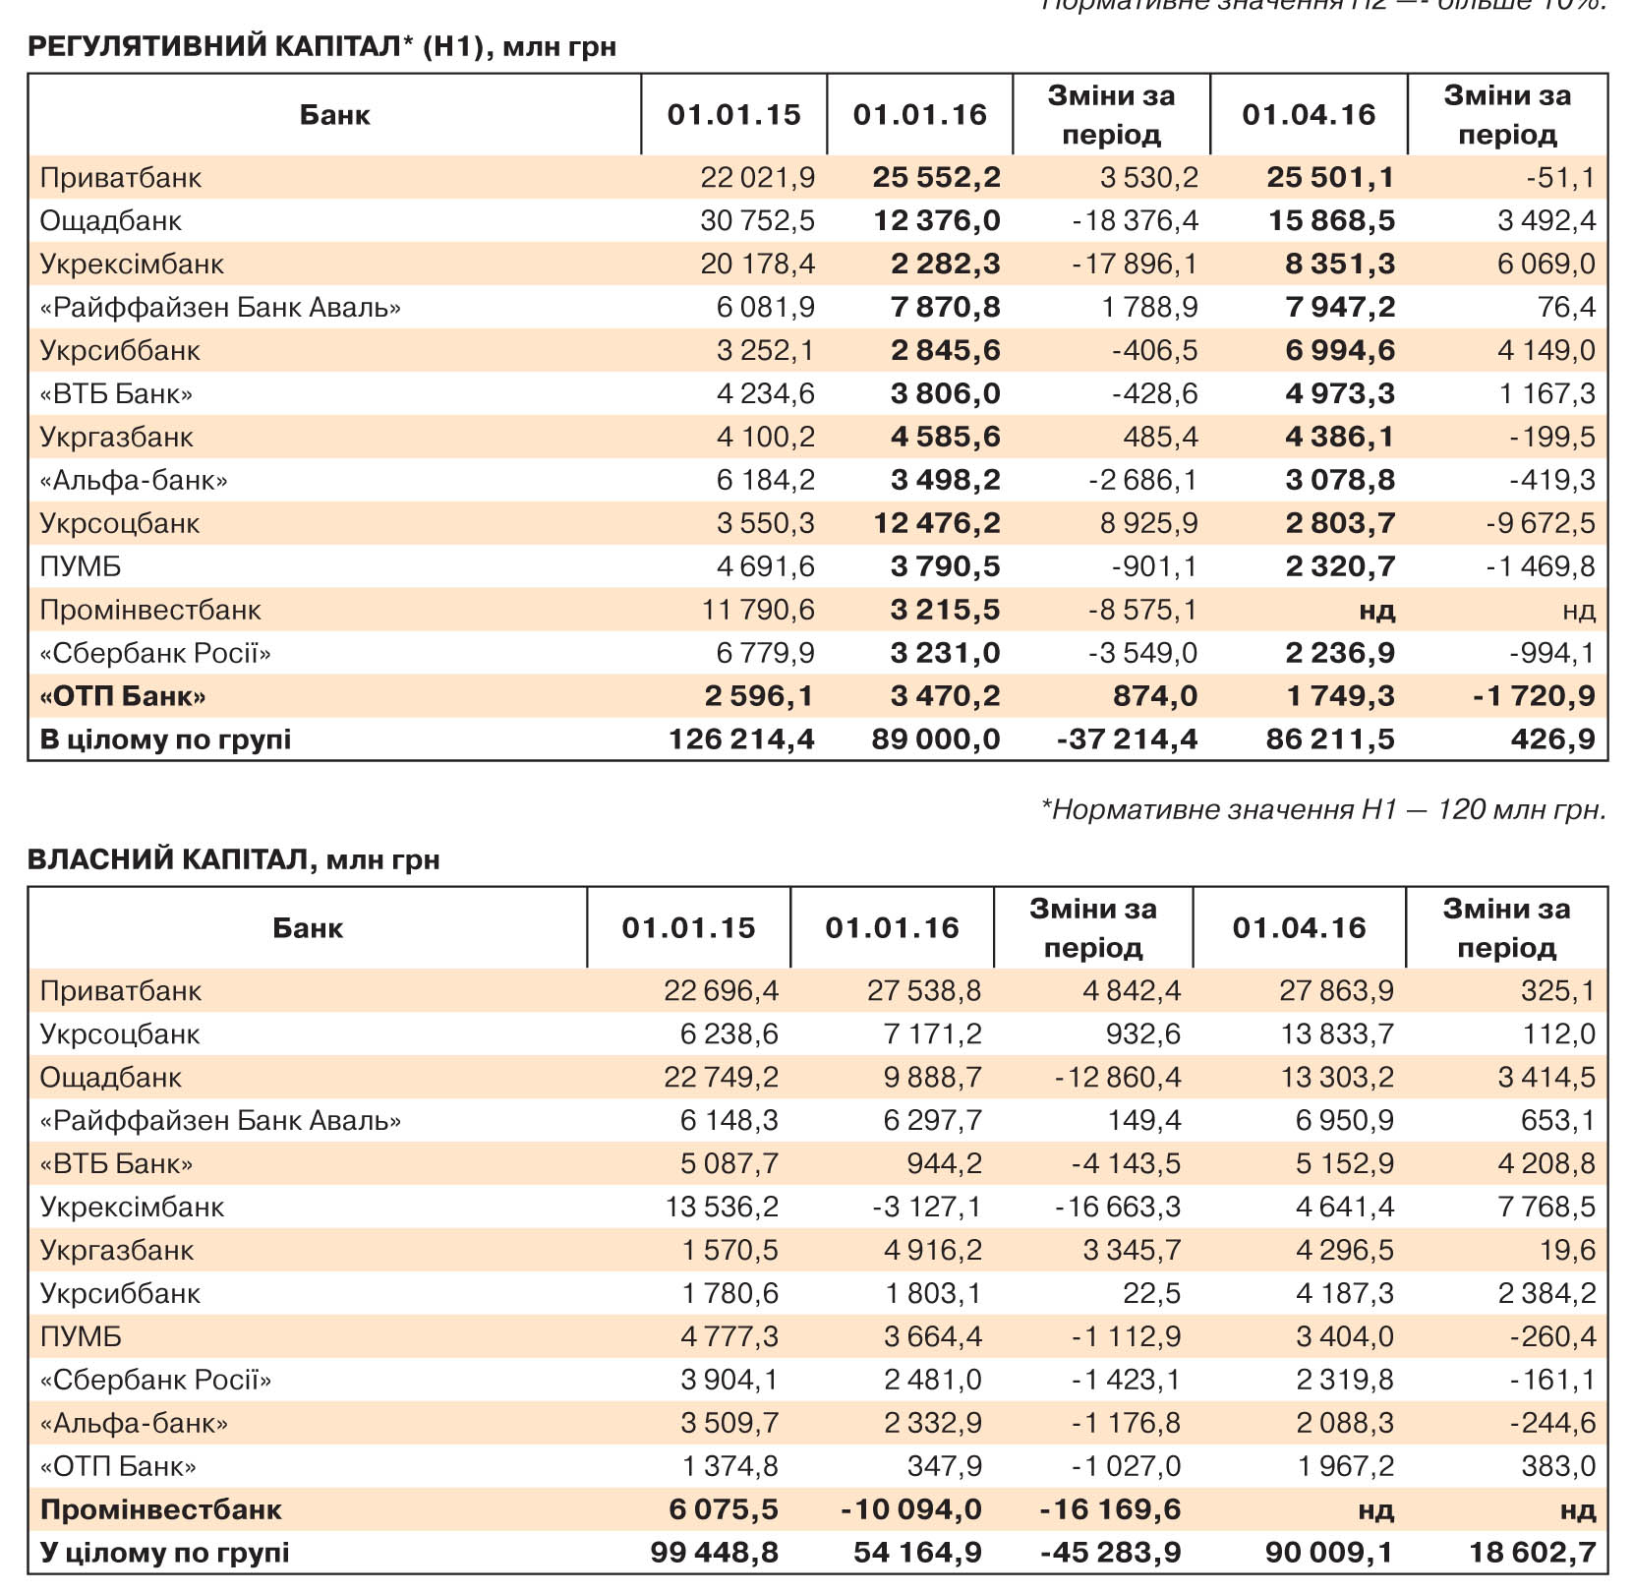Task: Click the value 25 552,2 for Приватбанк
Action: point(936,177)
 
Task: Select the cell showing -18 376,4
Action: point(1135,220)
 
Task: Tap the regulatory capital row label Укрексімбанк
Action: point(132,264)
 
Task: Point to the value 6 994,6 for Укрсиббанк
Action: point(1340,350)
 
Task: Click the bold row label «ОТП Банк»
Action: point(123,696)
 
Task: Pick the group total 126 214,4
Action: point(741,738)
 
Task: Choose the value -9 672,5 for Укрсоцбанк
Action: point(1540,523)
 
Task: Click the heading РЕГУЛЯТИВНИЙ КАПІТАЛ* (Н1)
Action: point(321,46)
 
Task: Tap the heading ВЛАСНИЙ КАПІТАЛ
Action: point(233,859)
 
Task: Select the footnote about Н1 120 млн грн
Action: point(1323,809)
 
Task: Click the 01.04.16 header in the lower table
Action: point(1299,927)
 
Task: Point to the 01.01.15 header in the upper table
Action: point(733,115)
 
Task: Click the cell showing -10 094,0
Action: point(910,1509)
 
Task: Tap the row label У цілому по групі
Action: point(164,1553)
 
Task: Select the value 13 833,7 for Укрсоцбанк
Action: point(1336,1033)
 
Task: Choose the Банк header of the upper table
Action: point(334,115)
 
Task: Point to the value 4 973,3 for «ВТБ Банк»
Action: point(1340,393)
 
